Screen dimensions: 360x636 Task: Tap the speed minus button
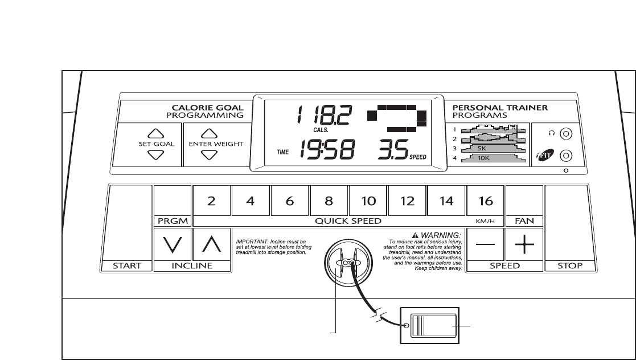pyautogui.click(x=485, y=244)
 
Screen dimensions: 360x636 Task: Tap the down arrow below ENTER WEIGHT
pyautogui.click(x=209, y=155)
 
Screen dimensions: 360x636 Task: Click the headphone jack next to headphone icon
pyautogui.click(x=565, y=134)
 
